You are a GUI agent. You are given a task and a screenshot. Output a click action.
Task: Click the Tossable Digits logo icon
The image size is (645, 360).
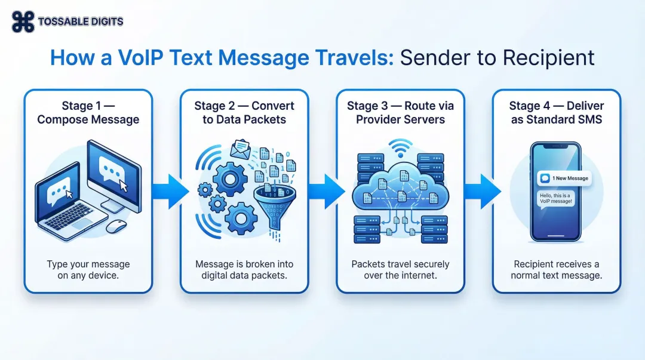pyautogui.click(x=23, y=21)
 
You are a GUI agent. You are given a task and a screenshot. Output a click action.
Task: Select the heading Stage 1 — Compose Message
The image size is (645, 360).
pyautogui.click(x=88, y=112)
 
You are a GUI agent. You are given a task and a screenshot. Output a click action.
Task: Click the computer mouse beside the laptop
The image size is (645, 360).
pyautogui.click(x=116, y=226)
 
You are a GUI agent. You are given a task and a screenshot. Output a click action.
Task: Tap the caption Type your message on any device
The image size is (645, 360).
pyautogui.click(x=88, y=269)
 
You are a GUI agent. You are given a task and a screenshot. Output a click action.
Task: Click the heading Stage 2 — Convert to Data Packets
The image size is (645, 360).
pyautogui.click(x=244, y=112)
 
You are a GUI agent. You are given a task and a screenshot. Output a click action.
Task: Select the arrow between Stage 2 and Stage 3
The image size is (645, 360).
pyautogui.click(x=326, y=192)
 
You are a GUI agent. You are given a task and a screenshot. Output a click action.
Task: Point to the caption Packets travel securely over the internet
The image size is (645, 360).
pyautogui.click(x=400, y=269)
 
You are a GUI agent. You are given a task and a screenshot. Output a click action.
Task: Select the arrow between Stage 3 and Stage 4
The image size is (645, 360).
pyautogui.click(x=482, y=192)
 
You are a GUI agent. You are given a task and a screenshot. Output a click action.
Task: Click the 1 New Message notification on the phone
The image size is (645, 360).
pyautogui.click(x=564, y=178)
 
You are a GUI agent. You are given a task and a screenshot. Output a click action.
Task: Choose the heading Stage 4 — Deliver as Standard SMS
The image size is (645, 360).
pyautogui.click(x=557, y=112)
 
